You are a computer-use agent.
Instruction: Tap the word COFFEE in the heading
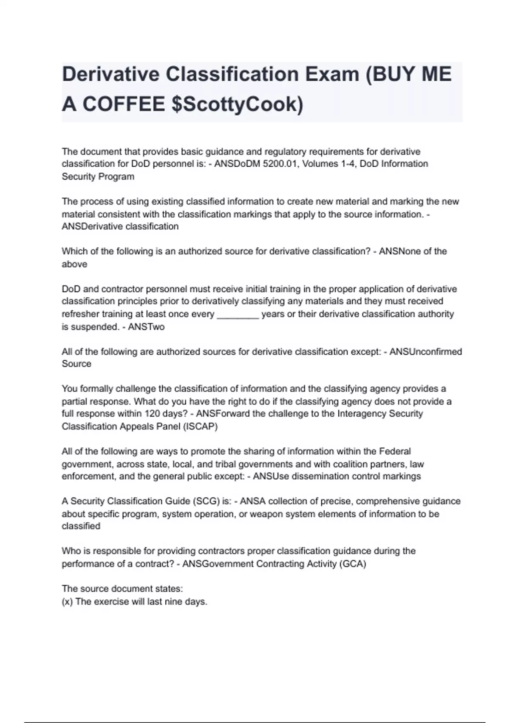point(123,104)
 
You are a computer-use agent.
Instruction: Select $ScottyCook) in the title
point(237,104)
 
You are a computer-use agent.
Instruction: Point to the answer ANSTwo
point(146,327)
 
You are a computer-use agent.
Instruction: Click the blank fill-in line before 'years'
point(238,314)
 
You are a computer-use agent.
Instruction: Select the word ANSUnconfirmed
point(425,352)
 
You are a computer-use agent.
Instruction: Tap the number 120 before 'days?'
point(152,413)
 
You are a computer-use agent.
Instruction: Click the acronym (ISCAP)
point(200,426)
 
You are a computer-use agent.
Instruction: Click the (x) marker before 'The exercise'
point(67,601)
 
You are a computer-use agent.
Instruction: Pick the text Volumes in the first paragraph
point(318,164)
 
